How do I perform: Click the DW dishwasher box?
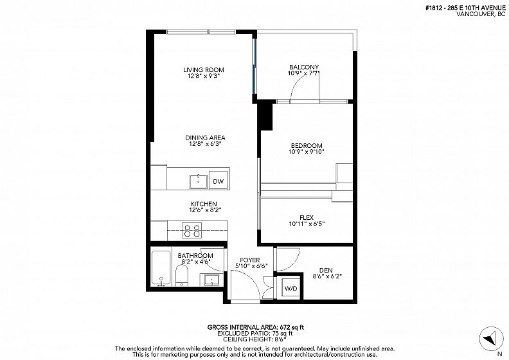(x=218, y=181)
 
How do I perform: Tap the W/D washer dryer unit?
(x=290, y=288)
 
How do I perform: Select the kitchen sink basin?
(x=199, y=181)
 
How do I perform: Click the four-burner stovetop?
(x=192, y=230)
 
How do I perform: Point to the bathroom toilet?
(x=182, y=276)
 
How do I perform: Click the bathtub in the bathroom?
(x=161, y=269)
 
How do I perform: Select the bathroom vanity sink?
(x=212, y=280)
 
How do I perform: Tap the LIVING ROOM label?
(x=204, y=70)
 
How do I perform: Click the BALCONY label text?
(x=304, y=67)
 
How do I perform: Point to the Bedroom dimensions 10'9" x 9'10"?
(x=307, y=152)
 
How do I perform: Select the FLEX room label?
(x=307, y=217)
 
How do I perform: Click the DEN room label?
(x=326, y=270)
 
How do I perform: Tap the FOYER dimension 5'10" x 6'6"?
(x=251, y=266)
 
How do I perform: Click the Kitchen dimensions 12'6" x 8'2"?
(x=205, y=210)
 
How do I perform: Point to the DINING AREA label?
(x=205, y=138)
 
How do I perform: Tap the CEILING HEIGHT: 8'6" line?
(x=255, y=339)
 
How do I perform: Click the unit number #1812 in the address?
(x=434, y=8)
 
